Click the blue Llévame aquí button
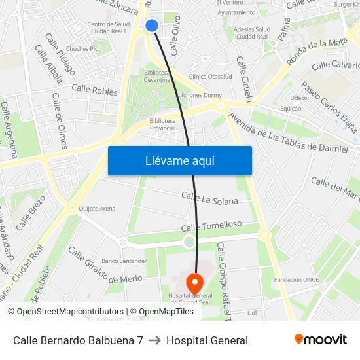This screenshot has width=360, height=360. click(x=179, y=160)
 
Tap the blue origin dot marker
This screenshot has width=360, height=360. click(x=152, y=26)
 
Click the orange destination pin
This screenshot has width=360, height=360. click(x=194, y=283)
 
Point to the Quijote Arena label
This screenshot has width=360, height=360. click(x=97, y=209)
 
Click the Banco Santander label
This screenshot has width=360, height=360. click(x=124, y=261)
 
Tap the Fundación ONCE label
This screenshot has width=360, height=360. click(x=297, y=279)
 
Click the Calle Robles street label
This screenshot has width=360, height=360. click(x=94, y=88)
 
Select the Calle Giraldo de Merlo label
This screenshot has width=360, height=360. click(x=105, y=265)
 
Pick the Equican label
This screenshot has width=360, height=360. click(x=291, y=109)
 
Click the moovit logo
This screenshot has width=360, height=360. click(x=321, y=340)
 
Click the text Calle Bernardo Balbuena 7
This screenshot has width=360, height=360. click(x=78, y=340)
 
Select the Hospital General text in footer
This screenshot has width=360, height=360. click(x=207, y=340)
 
